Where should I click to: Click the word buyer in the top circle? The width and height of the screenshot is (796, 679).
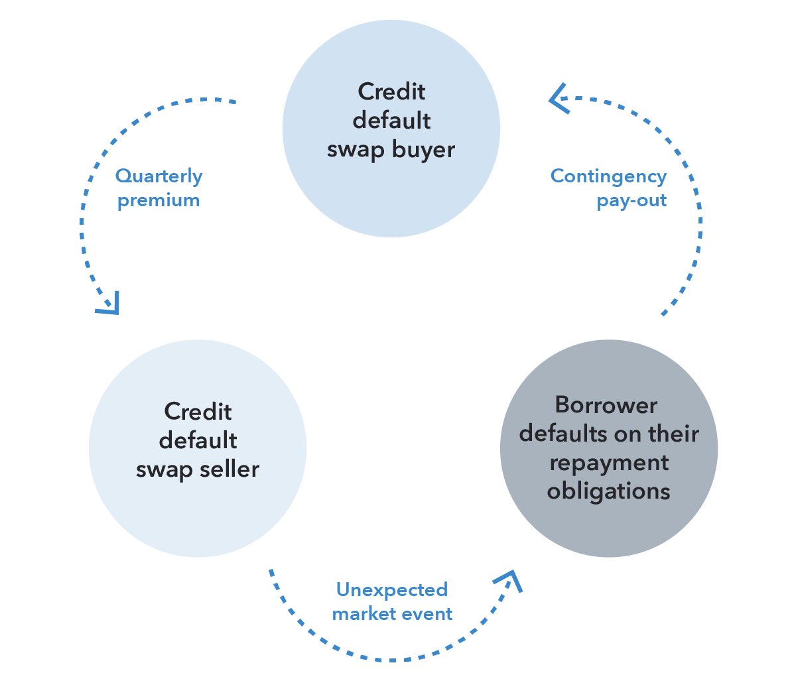(423, 150)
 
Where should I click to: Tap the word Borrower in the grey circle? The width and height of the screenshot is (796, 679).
(606, 405)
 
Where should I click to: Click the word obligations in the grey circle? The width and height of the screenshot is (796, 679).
(608, 491)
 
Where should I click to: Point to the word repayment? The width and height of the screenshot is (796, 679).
(608, 463)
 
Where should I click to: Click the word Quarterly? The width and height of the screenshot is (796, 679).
(159, 176)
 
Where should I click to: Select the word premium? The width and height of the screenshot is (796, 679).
(159, 200)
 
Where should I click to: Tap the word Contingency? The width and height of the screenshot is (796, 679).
(608, 176)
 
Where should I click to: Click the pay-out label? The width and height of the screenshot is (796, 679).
(631, 200)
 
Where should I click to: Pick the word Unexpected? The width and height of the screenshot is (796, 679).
(391, 589)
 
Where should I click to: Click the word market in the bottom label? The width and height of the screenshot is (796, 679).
(362, 614)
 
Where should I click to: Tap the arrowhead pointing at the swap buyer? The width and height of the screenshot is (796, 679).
(558, 98)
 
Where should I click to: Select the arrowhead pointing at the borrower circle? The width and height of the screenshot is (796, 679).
(510, 580)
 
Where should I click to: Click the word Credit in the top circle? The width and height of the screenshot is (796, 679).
(391, 92)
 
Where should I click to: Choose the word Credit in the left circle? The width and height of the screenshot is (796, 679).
(198, 412)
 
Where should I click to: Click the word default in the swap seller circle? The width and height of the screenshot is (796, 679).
(198, 440)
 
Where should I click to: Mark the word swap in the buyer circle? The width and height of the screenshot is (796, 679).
(356, 150)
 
